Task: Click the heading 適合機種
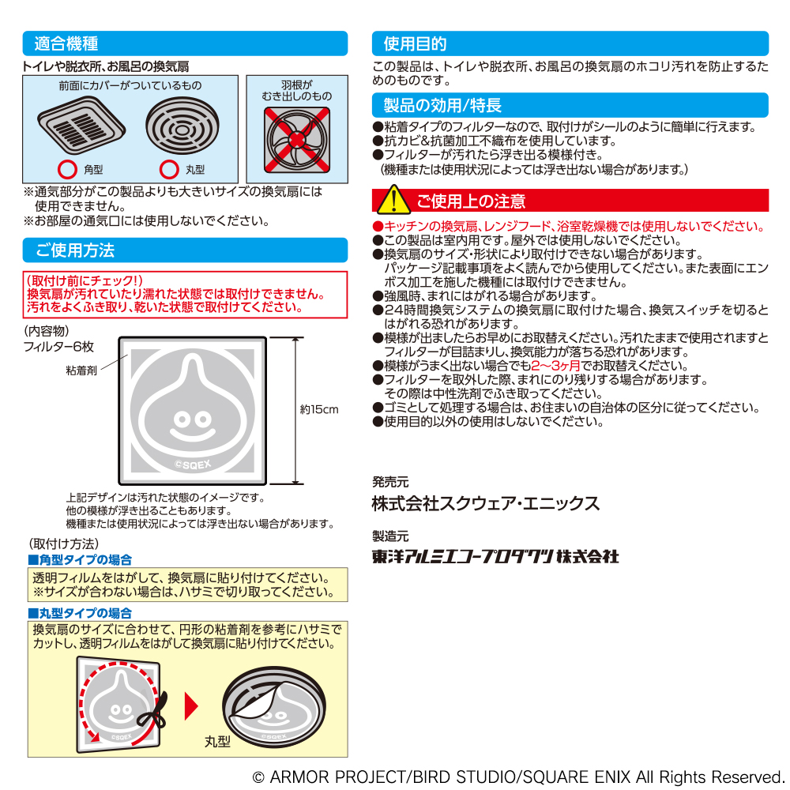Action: click(66, 43)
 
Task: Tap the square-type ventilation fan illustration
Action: click(81, 126)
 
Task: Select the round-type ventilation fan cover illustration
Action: click(182, 126)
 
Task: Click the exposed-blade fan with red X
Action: click(297, 140)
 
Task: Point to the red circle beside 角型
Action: click(67, 170)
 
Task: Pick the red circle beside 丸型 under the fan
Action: click(169, 170)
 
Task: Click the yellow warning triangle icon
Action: click(393, 200)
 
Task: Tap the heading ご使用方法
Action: click(74, 250)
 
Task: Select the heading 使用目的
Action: click(416, 43)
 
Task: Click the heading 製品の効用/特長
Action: click(442, 105)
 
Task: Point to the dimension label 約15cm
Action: click(319, 409)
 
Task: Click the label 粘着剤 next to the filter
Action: click(81, 371)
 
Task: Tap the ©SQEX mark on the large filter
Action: click(193, 465)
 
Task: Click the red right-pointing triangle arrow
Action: click(191, 706)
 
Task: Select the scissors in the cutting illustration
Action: click(152, 711)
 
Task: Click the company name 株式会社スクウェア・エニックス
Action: click(486, 503)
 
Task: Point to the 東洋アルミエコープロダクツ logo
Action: click(495, 556)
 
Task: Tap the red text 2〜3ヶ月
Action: click(555, 366)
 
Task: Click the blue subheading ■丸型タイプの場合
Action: click(80, 613)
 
